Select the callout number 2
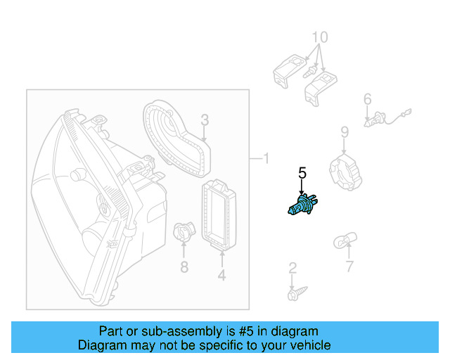coord(292,268)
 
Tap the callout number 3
coord(205,120)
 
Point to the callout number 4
coord(221,276)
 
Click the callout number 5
coord(302,173)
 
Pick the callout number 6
coord(367,101)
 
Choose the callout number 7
coord(349,266)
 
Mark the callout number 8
coord(184,266)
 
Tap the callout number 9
coord(345,132)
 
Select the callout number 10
coord(319,37)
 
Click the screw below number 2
coord(293,292)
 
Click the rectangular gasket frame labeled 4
coord(220,215)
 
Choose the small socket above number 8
coord(182,233)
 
